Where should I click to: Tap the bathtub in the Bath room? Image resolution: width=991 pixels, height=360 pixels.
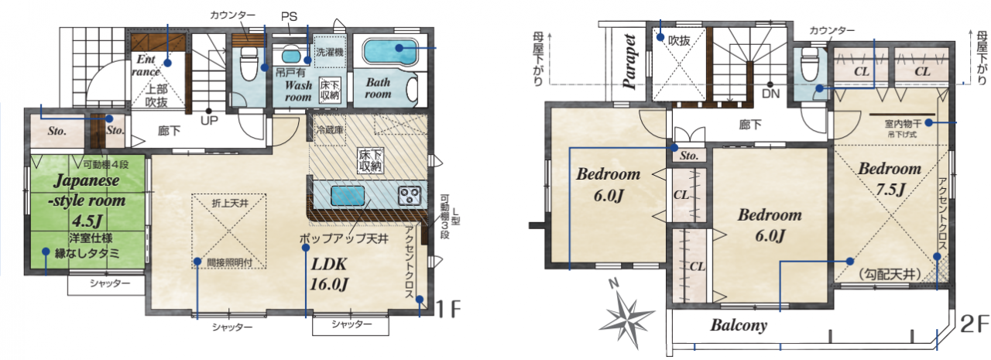point(390,51)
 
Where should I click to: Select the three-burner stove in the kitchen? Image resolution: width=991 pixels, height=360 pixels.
point(410,195)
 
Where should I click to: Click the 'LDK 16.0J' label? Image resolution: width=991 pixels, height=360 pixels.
point(329,274)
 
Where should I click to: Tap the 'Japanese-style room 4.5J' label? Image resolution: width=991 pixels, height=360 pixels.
point(87,200)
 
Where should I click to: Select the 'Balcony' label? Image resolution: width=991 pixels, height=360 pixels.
point(739,325)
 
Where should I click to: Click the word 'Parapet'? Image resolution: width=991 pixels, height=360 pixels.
point(629,61)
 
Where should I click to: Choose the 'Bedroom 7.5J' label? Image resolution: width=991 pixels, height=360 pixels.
point(890,179)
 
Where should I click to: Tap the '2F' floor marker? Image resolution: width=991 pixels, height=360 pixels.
point(974,324)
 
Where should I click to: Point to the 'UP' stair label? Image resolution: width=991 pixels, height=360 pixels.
point(209,120)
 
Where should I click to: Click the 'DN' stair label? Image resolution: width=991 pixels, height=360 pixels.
point(770,94)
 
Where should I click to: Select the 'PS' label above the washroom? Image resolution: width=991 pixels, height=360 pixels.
point(289,17)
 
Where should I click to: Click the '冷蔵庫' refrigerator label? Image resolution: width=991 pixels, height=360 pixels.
point(330,129)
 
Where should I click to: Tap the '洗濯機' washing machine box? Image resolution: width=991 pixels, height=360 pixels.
point(330,52)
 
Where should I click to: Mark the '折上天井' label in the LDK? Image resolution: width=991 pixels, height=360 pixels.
point(230,204)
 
